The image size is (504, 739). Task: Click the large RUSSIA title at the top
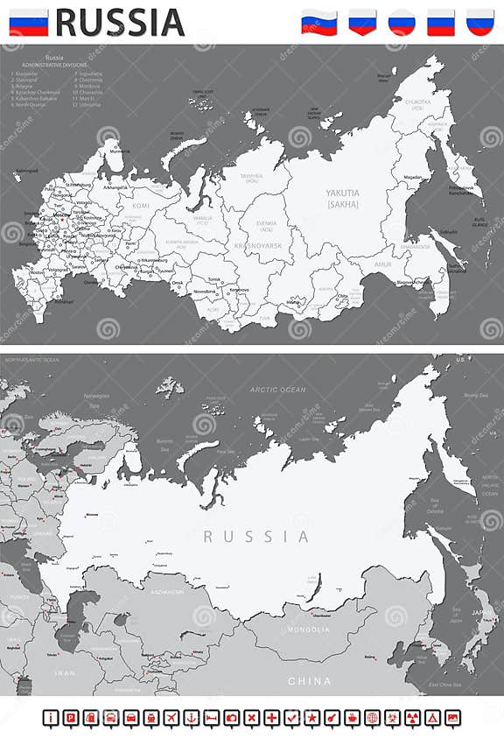121,22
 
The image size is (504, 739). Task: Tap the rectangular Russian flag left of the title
29,22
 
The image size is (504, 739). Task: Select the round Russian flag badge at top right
402,21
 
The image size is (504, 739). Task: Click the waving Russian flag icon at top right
319,21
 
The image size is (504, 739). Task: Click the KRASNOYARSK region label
257,247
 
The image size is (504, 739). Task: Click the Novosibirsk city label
205,291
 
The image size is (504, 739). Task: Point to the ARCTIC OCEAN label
277,390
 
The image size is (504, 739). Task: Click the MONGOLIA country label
311,630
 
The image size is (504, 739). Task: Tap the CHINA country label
311,680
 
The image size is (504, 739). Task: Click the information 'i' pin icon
51,718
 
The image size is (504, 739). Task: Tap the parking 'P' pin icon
71,718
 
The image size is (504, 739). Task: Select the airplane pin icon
171,718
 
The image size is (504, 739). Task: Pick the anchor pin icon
191,718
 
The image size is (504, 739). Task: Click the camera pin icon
231,718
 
